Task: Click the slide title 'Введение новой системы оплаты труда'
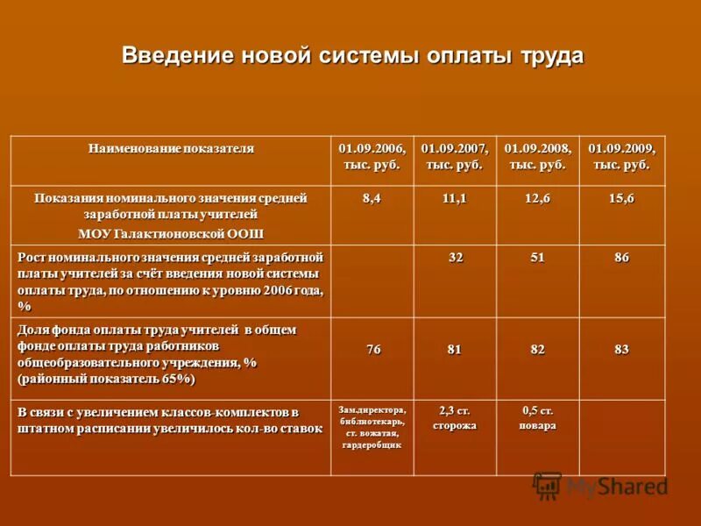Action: (x=352, y=56)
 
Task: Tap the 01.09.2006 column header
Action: (x=372, y=156)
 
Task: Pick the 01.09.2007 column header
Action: (x=454, y=156)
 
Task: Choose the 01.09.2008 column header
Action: (x=538, y=156)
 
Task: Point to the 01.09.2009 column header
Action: (x=621, y=156)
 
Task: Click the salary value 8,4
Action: (x=372, y=199)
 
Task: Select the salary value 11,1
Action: (x=454, y=199)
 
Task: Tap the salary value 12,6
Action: (x=538, y=199)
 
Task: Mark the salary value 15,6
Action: (x=621, y=199)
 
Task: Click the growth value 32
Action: (x=456, y=258)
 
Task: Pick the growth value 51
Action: (x=538, y=258)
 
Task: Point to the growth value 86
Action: (x=621, y=258)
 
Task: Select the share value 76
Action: (x=373, y=350)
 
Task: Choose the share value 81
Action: (x=454, y=350)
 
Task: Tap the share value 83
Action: (x=621, y=350)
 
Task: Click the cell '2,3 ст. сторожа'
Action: (x=454, y=418)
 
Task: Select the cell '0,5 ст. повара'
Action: (x=538, y=418)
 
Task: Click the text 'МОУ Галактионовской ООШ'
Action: (x=171, y=233)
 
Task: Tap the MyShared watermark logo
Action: (x=601, y=486)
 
